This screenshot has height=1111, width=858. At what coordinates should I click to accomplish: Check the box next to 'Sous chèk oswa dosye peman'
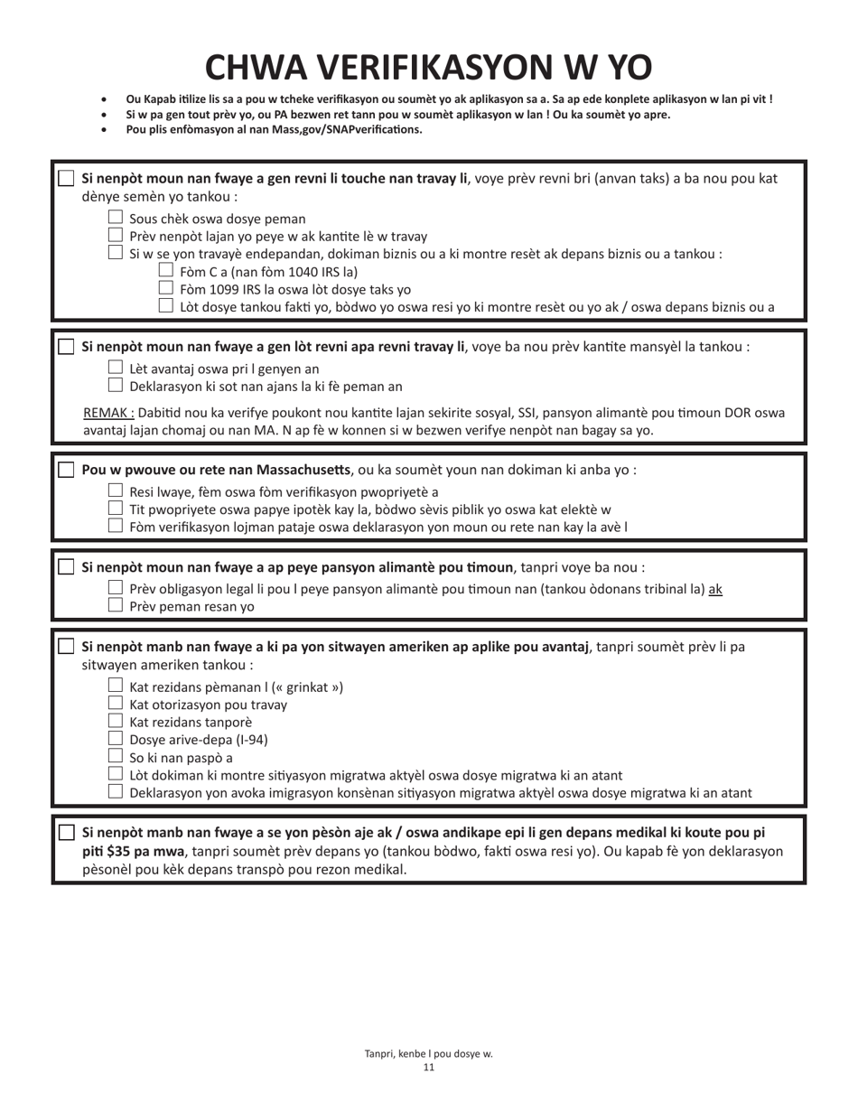tap(116, 218)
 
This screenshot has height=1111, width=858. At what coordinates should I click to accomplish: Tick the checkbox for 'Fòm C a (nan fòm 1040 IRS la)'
tap(165, 270)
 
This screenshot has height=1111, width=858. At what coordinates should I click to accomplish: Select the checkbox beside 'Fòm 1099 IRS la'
tap(165, 288)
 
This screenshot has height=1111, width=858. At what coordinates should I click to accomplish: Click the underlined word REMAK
tap(108, 413)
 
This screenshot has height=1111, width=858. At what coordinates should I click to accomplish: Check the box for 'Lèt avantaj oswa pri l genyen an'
tap(116, 368)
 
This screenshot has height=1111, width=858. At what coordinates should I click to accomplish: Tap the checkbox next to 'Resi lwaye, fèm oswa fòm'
tap(116, 490)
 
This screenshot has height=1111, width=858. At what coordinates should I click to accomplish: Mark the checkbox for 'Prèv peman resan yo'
tap(116, 605)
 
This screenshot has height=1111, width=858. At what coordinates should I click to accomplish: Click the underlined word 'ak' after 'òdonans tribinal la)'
tap(715, 589)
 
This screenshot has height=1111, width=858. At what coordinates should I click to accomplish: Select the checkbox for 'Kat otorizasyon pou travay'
tap(116, 703)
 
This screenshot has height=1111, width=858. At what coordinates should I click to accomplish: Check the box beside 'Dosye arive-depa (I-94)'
tap(116, 738)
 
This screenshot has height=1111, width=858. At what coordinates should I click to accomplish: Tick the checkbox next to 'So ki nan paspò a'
tap(116, 756)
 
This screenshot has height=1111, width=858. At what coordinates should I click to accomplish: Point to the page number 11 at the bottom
tap(429, 1067)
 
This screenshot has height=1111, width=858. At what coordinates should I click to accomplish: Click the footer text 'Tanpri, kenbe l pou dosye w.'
tap(429, 1053)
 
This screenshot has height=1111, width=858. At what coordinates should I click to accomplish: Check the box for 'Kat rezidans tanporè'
tap(116, 721)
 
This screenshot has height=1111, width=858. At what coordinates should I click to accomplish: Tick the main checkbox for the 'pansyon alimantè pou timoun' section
tap(66, 567)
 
